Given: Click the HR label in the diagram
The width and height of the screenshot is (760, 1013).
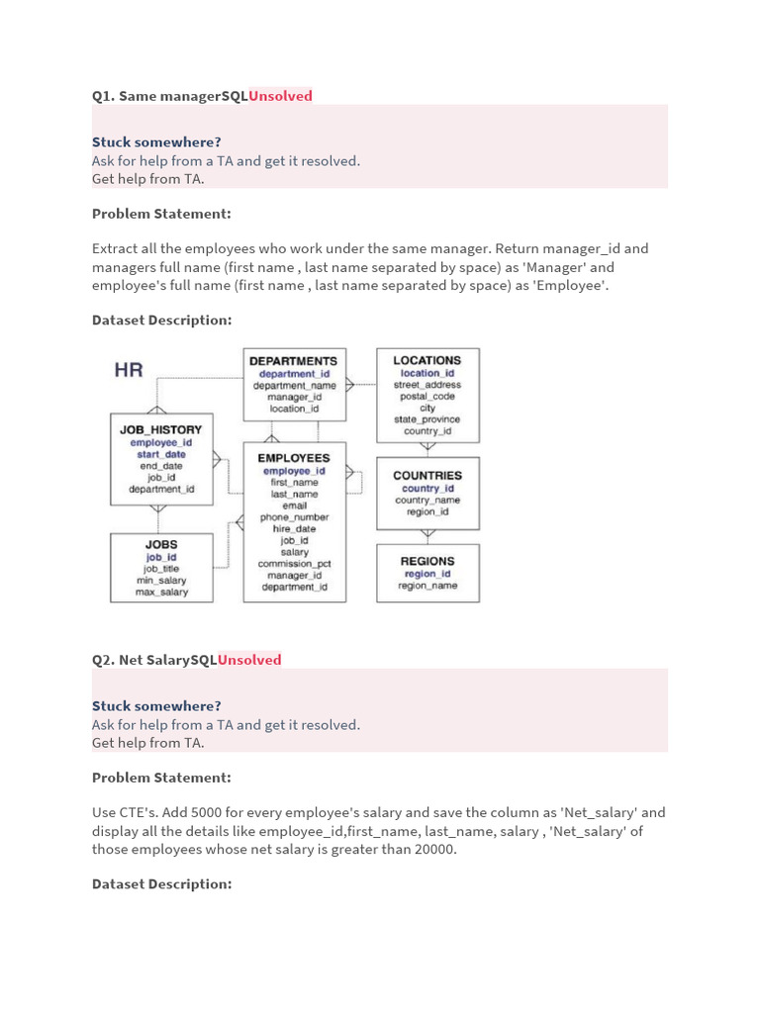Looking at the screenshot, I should pos(129,370).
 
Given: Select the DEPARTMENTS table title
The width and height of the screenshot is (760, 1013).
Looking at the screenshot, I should pos(293,361).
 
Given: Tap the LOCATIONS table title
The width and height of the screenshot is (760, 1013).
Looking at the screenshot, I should pos(427,360).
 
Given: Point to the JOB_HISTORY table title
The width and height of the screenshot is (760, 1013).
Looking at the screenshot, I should pos(160,429).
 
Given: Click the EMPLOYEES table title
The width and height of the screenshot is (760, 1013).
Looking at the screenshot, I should pos(294,458).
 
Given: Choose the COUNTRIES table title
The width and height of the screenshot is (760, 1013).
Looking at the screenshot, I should pos(427,475).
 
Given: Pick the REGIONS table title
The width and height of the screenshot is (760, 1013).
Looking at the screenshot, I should pos(427,561).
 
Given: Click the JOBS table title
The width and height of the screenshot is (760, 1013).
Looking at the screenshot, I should pos(161,544).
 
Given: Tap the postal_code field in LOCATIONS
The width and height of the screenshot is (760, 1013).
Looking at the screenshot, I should pos(427,396).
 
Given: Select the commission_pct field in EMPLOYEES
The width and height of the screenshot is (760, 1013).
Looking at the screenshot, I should pos(295,564).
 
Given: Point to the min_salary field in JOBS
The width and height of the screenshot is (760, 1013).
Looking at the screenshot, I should pos(161,581).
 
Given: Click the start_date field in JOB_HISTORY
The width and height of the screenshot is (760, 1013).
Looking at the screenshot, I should pos(161,454).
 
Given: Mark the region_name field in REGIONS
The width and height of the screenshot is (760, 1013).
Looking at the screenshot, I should pos(427,586).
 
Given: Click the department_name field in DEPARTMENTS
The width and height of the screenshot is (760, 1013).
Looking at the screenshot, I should pos(295,385).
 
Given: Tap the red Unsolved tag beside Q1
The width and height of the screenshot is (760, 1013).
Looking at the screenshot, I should pos(280,96).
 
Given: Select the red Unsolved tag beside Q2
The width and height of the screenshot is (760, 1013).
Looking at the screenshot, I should pos(249,660).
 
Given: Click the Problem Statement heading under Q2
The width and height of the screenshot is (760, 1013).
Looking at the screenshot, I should pos(161,778).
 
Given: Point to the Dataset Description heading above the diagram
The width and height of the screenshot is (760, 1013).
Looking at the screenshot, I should pos(161,320).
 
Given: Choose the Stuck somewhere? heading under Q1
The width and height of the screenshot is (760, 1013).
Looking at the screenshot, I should pos(156,142).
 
